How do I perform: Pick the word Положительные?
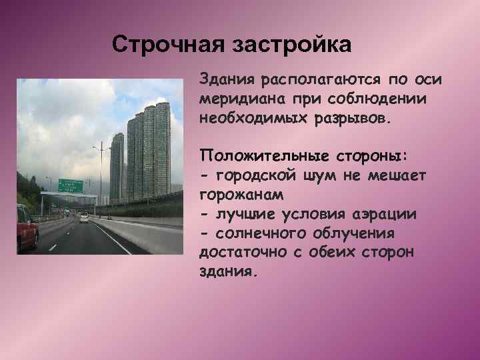[262, 156]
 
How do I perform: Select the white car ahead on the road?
[85, 218]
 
